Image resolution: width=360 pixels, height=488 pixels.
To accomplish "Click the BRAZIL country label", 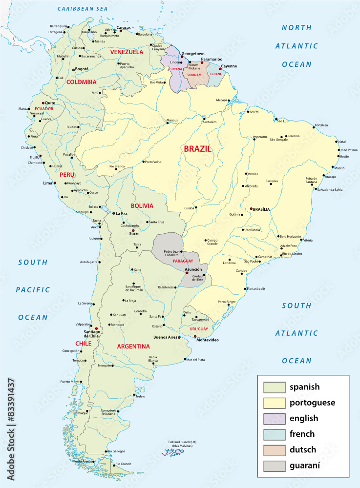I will point(198,149).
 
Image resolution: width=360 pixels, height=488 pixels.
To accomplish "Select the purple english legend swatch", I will point(274,418).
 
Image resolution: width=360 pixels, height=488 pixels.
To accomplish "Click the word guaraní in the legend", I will point(305,465).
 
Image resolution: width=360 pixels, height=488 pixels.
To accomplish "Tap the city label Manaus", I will point(172,120).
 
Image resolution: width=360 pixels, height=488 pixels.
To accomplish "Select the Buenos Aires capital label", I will point(165,337).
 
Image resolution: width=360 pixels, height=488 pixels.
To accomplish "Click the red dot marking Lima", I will point(55,183).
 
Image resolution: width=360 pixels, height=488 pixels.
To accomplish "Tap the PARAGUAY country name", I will point(183,262).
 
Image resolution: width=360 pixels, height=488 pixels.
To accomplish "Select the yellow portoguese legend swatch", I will point(274,403).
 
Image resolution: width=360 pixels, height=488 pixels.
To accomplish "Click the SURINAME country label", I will point(195,75).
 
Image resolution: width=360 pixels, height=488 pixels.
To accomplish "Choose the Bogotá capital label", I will point(82,69).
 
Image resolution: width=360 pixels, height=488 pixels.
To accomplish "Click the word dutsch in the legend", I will point(302,449).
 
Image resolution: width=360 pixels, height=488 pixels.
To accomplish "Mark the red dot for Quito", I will point(43,103).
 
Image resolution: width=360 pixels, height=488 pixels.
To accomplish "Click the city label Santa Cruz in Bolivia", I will point(156,222).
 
